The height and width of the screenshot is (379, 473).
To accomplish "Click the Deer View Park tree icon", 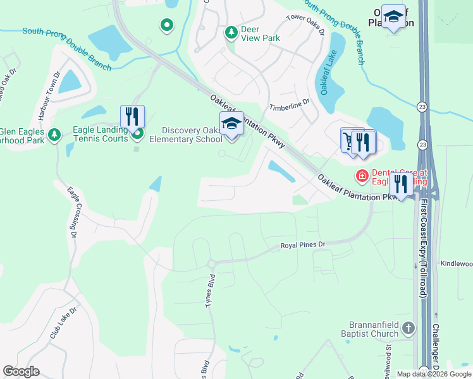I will point(231,31).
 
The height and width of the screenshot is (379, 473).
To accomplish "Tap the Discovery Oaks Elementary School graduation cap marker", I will point(231,123).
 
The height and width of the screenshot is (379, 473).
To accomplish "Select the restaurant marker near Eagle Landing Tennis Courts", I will point(132,116).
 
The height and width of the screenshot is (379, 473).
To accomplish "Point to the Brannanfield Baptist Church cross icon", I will point(408,328).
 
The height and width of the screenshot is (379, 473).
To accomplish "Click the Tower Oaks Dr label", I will point(305,24).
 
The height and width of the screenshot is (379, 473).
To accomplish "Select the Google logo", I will point(21,371).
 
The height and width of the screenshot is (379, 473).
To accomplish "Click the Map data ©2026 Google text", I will point(434,374).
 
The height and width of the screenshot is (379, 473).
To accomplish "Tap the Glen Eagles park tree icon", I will point(55,134).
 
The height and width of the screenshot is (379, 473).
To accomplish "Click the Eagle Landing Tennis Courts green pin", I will point(137,133).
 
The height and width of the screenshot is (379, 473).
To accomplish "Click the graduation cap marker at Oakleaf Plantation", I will point(394,19).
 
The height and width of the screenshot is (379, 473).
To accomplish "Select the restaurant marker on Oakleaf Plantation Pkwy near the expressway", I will point(400,184).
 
